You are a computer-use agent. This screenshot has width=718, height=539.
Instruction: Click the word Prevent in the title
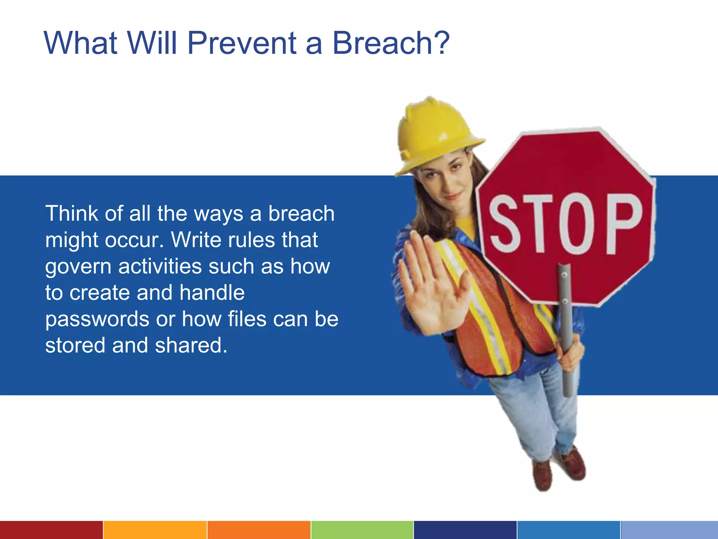(242, 43)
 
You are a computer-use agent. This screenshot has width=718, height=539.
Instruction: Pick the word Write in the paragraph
(196, 240)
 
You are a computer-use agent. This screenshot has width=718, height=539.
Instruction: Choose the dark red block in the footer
(51, 530)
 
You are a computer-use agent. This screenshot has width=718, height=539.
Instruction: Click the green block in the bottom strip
(362, 530)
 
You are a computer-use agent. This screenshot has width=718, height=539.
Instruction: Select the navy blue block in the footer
(465, 530)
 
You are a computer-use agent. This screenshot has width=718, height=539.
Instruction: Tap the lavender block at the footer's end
(669, 530)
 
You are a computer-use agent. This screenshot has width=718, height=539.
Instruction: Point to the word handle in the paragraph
(212, 293)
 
